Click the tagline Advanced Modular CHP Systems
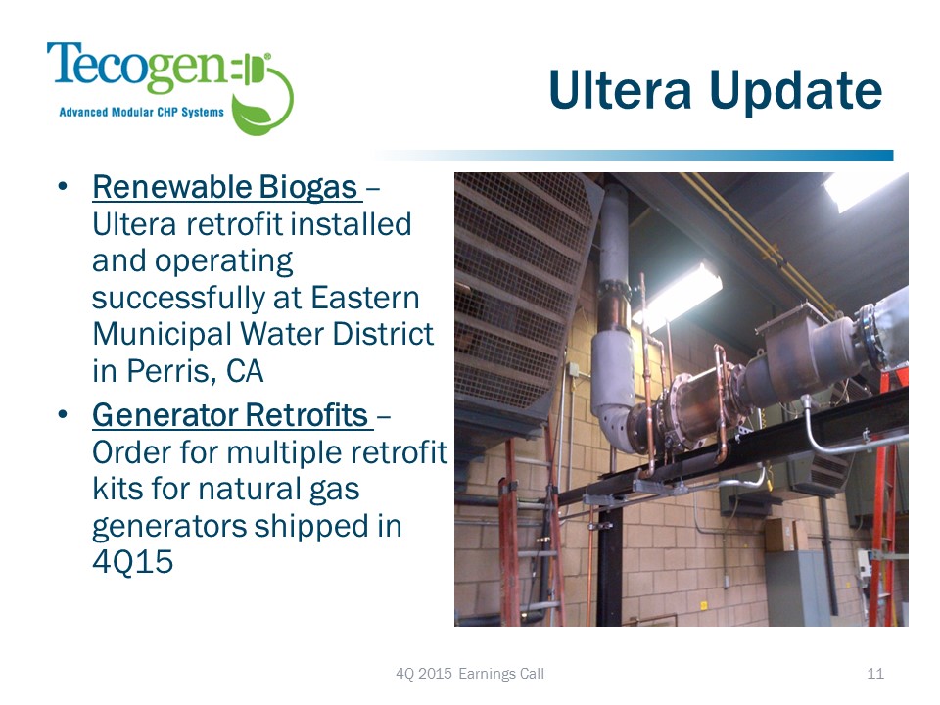141,112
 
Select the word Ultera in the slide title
620,90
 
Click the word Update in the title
795,92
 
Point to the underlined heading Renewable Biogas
225,187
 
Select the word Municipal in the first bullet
162,335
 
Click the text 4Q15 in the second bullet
132,562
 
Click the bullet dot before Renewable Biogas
63,186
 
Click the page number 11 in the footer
875,674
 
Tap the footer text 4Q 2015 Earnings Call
470,674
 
